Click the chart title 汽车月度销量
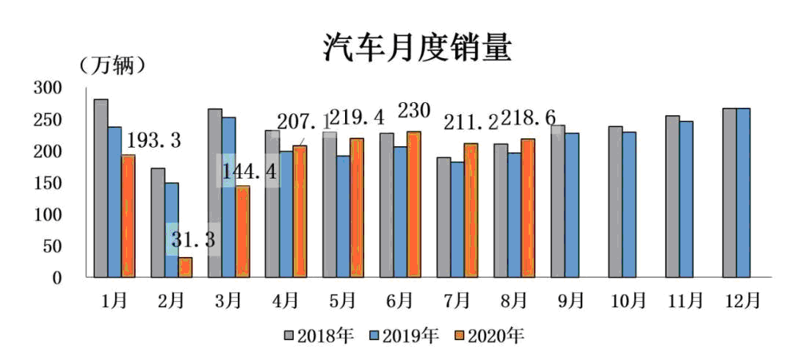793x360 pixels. (x=417, y=48)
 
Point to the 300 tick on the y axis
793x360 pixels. (x=48, y=88)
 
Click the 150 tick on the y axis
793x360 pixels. (x=48, y=183)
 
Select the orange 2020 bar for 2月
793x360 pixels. (x=185, y=267)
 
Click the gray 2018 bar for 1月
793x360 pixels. (x=101, y=188)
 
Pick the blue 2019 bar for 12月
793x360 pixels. (x=743, y=192)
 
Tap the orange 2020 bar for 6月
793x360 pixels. (x=413, y=204)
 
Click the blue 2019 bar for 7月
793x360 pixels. (x=457, y=220)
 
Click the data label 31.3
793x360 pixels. (x=193, y=240)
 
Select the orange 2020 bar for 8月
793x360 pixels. (x=527, y=208)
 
